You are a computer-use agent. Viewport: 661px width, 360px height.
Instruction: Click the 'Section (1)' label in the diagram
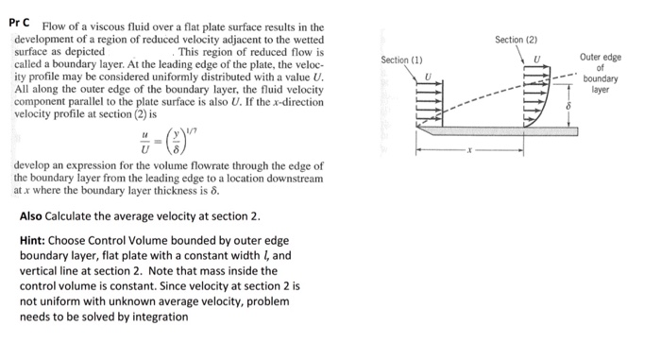[x=401, y=60]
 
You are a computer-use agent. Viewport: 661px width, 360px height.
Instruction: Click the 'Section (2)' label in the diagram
[x=515, y=40]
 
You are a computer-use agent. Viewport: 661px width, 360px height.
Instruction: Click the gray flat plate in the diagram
[x=491, y=133]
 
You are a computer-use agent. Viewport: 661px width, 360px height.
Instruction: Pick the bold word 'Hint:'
[x=34, y=241]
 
